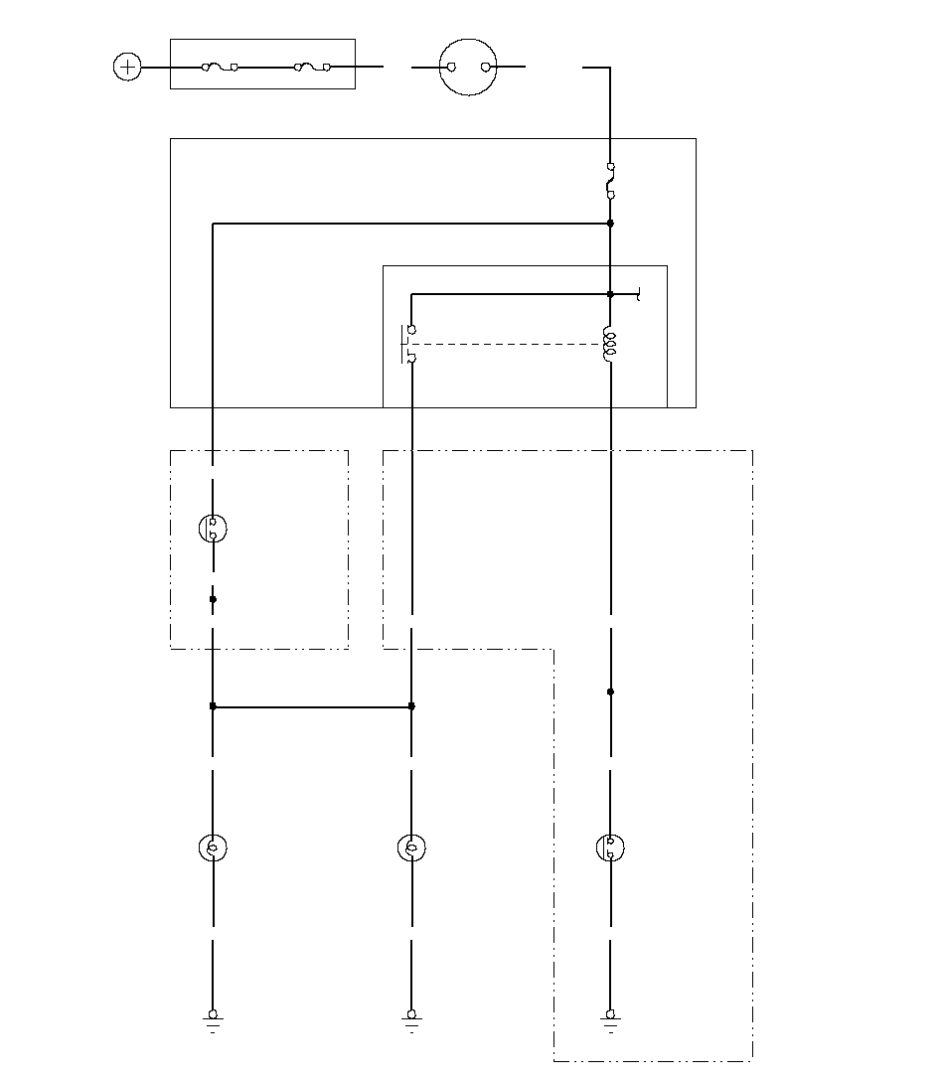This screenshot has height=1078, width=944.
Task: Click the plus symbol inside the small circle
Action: click(127, 68)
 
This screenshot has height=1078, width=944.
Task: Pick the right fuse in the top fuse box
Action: click(312, 68)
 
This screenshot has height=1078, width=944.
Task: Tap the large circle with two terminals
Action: click(468, 68)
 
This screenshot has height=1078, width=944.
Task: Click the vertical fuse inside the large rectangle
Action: click(610, 181)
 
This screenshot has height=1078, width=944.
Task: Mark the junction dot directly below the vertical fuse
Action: click(610, 224)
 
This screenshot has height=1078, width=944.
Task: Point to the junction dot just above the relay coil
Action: click(610, 294)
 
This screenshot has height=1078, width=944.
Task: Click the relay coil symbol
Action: click(610, 346)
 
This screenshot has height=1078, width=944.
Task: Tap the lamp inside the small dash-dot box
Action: click(213, 529)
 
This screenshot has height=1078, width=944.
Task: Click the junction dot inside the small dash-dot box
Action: click(213, 599)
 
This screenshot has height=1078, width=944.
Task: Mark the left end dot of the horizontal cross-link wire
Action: click(213, 706)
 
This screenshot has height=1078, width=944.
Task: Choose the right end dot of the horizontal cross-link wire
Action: click(411, 706)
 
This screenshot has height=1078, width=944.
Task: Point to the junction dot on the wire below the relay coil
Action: click(610, 692)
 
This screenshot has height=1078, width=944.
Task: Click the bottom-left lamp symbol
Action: click(213, 847)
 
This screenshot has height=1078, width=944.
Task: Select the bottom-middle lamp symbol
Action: click(411, 847)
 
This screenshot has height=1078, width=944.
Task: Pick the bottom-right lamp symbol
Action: click(610, 847)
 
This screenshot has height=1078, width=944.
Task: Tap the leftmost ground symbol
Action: click(213, 1020)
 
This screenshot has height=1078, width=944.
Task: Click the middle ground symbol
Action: click(411, 1020)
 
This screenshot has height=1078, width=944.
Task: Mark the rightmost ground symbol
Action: click(610, 1020)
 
